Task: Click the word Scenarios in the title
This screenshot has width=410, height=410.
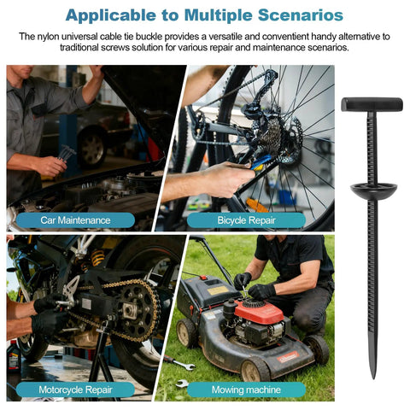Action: coord(301,15)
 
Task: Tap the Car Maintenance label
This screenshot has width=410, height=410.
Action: coord(75,220)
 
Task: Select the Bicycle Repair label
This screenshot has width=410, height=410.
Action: coord(246,220)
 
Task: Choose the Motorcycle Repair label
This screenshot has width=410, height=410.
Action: coord(75,389)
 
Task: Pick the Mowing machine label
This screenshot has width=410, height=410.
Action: coord(246,389)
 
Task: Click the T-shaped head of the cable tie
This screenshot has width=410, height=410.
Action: coord(372,104)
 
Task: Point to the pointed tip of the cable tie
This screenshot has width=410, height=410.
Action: coord(373,378)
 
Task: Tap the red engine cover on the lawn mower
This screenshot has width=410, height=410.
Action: coord(261,312)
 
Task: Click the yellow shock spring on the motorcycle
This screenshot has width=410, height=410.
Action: coord(97,258)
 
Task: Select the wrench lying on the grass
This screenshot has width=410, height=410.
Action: coord(179,362)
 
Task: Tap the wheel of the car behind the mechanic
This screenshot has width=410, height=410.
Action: coord(92,148)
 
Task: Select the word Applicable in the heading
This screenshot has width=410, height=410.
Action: coord(111,15)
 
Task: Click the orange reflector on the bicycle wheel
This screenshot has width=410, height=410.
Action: coord(257,205)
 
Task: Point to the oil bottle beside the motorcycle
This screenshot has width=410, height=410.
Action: coord(14,356)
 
